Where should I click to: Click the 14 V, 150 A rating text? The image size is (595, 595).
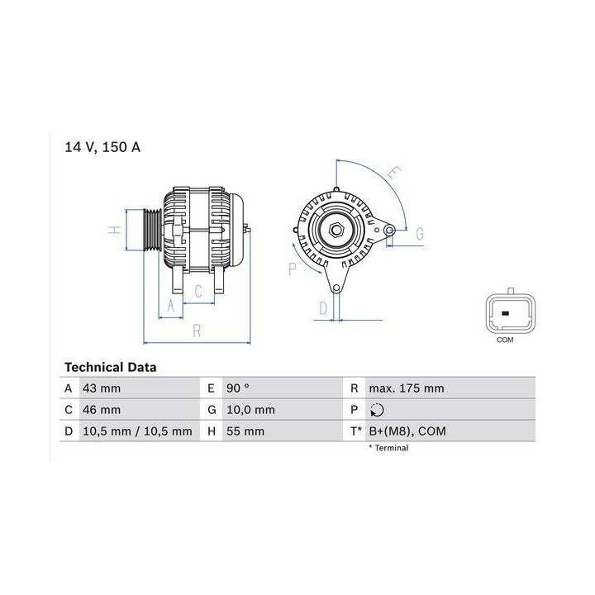(x=102, y=147)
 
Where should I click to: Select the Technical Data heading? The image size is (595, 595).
(x=111, y=367)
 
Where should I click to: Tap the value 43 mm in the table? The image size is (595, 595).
(x=102, y=388)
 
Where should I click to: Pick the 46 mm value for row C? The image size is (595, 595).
(x=102, y=410)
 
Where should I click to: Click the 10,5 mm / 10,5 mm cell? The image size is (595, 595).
(x=137, y=431)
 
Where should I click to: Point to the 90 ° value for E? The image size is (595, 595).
(x=237, y=388)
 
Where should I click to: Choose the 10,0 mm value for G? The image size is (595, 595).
(x=250, y=410)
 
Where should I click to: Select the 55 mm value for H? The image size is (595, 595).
(x=245, y=431)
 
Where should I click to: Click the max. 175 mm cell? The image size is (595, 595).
(x=407, y=388)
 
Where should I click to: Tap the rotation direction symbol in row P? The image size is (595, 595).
(x=377, y=410)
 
